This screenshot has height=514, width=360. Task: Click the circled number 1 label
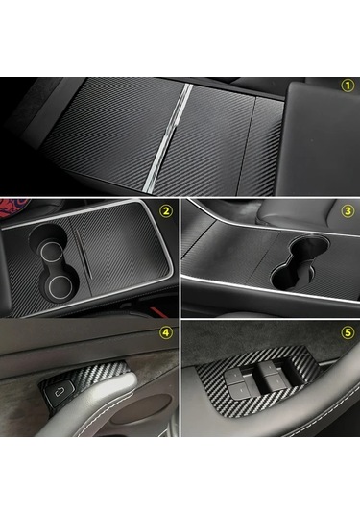click(x=348, y=86)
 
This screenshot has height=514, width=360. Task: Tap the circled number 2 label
click(x=166, y=210)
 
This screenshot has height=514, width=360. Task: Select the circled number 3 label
click(x=348, y=210)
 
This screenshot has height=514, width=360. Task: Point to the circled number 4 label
click(x=166, y=332)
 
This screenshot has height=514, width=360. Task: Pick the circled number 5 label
click(x=348, y=332)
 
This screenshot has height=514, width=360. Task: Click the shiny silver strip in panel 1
click(x=168, y=137)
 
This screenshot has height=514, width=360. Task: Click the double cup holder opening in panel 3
click(x=296, y=261)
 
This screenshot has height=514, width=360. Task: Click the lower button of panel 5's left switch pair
click(x=241, y=389)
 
